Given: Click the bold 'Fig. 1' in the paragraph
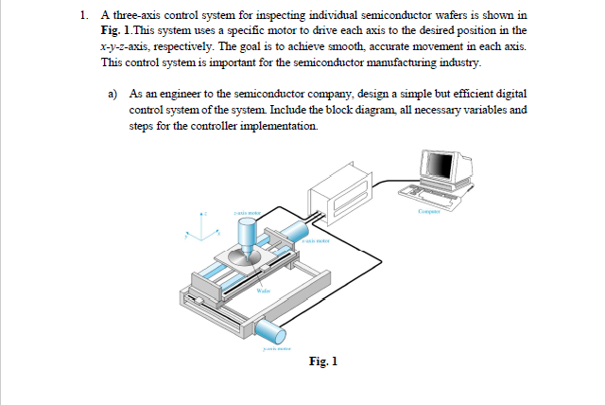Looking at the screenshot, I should pyautogui.click(x=116, y=30).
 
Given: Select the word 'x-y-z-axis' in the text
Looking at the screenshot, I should pyautogui.click(x=129, y=45).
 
